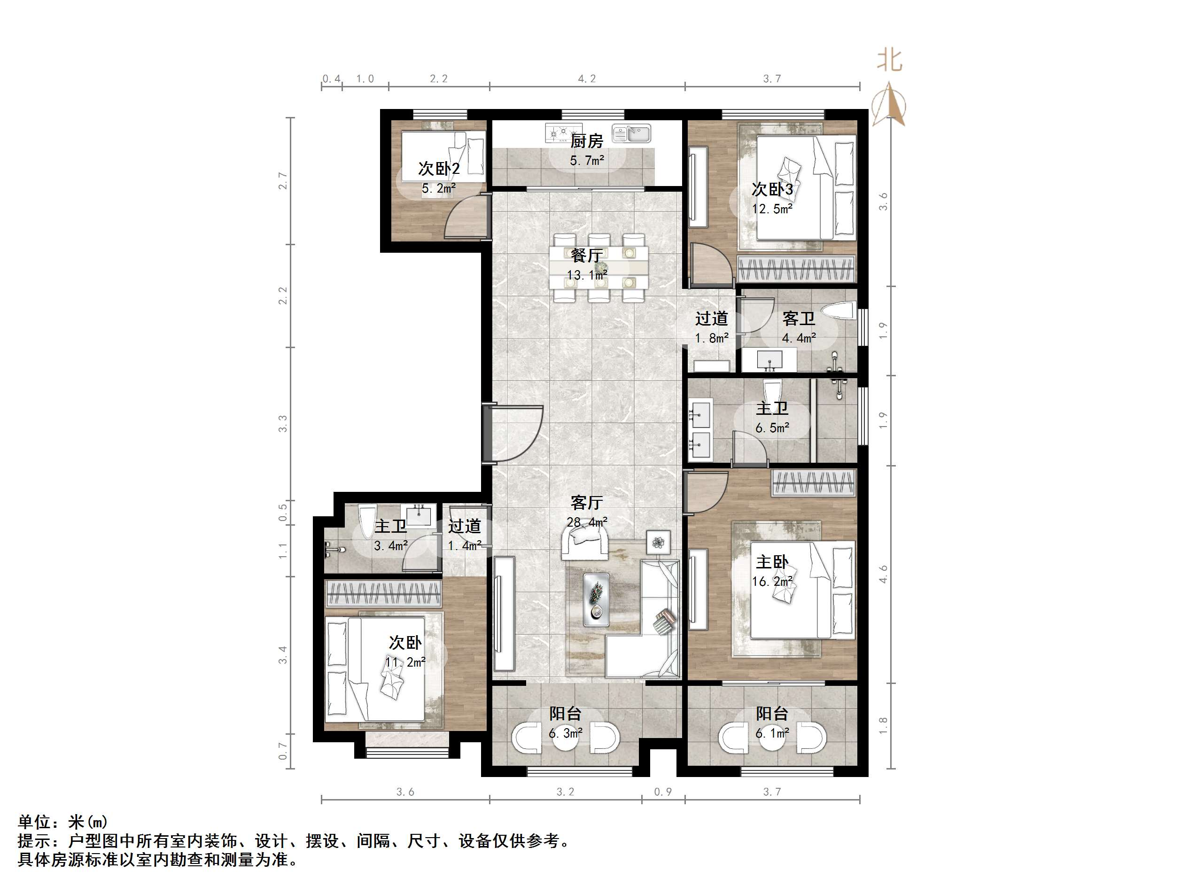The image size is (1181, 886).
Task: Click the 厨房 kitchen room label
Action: [x=586, y=141]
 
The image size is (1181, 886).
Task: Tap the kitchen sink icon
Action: [x=632, y=133]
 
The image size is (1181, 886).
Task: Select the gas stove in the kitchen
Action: [x=563, y=132]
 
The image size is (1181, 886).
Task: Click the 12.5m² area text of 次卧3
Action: [x=771, y=210]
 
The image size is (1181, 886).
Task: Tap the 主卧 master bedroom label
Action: [x=771, y=562]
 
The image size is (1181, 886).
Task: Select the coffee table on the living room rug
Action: [x=597, y=599]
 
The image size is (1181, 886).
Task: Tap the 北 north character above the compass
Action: [x=889, y=60]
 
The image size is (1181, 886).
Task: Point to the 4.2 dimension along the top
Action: [x=587, y=79]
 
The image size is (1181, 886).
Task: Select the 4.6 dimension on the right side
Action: [x=883, y=575]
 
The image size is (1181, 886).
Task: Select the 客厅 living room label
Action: [x=586, y=503]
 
